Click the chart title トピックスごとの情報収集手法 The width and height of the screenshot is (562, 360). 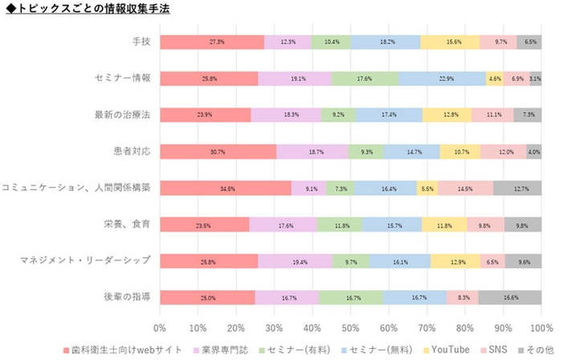point(88,9)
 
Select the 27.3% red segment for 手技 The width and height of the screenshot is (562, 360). point(212,42)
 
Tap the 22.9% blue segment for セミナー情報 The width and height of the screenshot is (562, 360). point(442,79)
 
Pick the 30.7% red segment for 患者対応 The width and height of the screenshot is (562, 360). point(218,152)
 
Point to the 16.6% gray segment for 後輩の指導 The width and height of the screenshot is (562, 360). point(510,297)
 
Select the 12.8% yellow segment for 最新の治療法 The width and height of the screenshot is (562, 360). point(446,115)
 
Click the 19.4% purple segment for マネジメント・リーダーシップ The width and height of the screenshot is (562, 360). point(295,261)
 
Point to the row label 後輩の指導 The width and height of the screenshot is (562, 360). point(128,297)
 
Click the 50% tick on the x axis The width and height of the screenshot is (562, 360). point(351,328)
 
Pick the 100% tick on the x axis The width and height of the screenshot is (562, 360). point(541,328)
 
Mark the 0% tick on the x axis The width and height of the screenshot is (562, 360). point(160,328)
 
